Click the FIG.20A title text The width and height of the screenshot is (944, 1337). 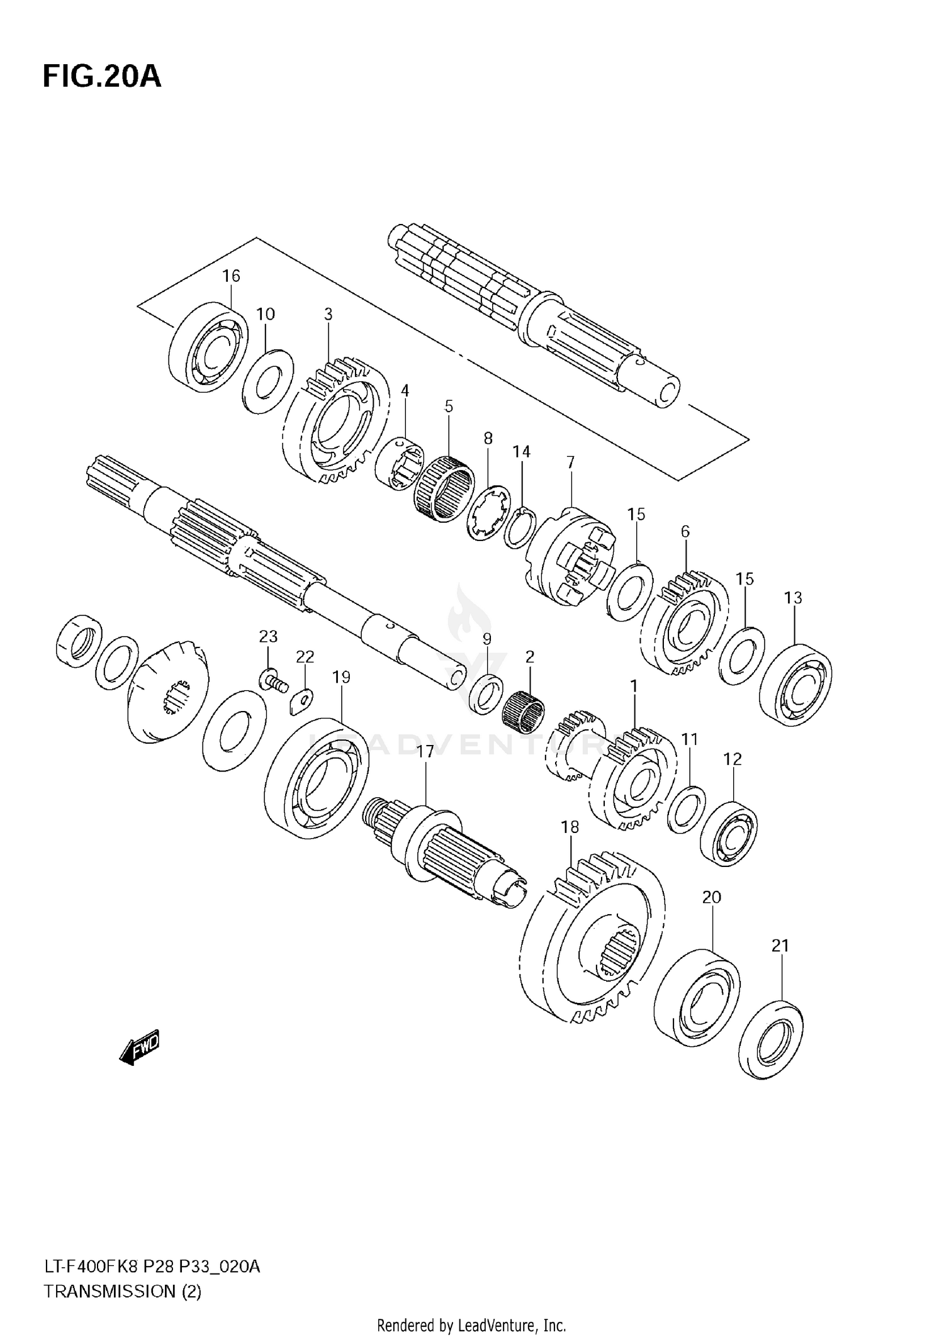[102, 77]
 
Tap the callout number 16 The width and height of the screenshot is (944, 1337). [231, 276]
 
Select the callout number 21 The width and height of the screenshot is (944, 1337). [780, 946]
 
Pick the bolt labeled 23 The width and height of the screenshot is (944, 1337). [272, 680]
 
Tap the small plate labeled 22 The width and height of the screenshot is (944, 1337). [303, 701]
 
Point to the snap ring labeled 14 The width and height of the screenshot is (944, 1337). [520, 527]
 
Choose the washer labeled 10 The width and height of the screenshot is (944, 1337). [267, 381]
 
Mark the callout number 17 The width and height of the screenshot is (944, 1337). [425, 751]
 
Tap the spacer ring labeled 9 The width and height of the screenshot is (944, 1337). [486, 694]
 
